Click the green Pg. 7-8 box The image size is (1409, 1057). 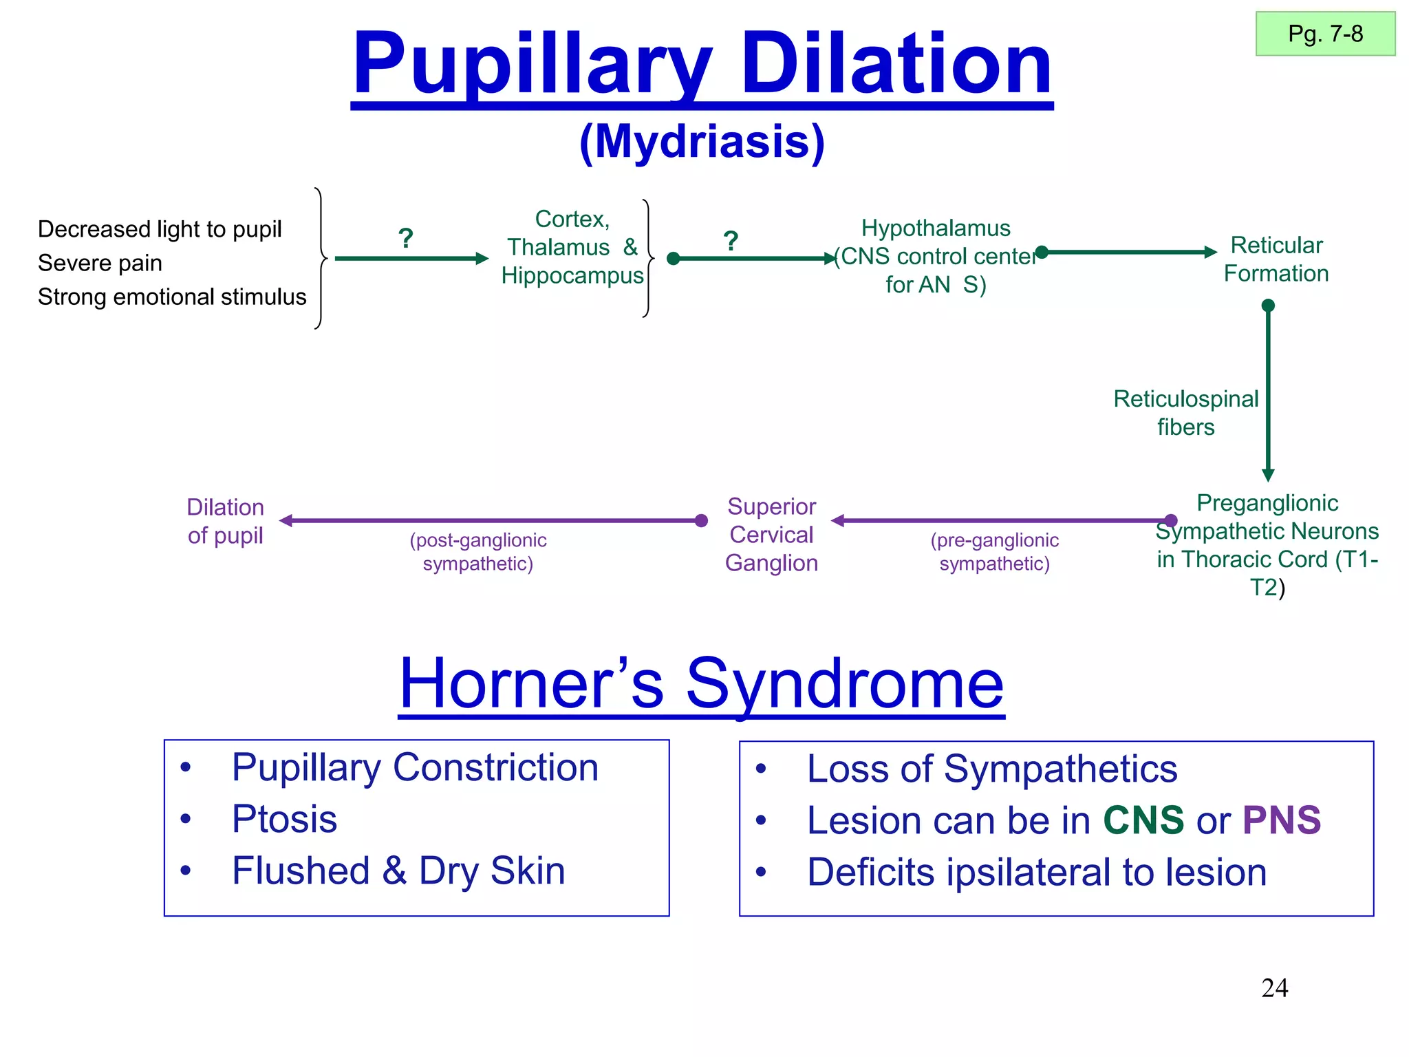[1325, 34]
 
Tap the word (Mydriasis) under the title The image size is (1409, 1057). [702, 142]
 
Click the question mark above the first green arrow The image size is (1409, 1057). [406, 239]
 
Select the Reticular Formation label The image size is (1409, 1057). [1276, 259]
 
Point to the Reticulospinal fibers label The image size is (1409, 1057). [1185, 413]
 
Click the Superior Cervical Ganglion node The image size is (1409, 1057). [771, 535]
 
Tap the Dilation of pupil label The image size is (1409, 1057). [225, 522]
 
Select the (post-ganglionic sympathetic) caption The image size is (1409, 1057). [478, 552]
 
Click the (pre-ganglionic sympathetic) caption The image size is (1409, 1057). [994, 552]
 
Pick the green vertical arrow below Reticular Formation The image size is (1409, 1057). [1268, 392]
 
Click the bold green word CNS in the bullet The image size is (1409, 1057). [1143, 820]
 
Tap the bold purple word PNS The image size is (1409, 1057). [1281, 820]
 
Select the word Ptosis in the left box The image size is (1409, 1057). [284, 819]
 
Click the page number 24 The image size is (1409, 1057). [1274, 988]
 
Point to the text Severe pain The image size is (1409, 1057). [100, 263]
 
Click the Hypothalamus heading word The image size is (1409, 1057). [936, 228]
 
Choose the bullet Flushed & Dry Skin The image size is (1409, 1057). [398, 871]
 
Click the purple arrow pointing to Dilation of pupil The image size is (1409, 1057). [492, 521]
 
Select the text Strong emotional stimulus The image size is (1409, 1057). [172, 297]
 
